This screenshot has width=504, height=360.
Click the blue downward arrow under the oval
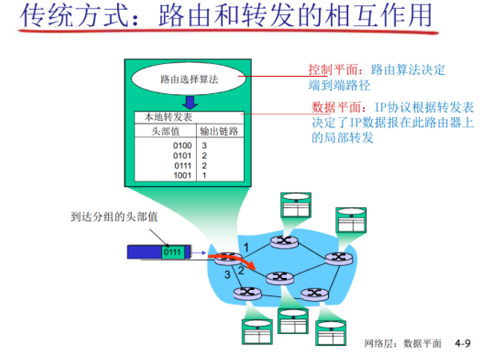pyautogui.click(x=190, y=102)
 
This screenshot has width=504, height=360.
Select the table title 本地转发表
pyautogui.click(x=163, y=117)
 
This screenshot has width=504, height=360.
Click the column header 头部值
pyautogui.click(x=163, y=130)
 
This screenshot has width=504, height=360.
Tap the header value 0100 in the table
pyautogui.click(x=183, y=145)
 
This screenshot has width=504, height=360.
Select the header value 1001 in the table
pyautogui.click(x=183, y=175)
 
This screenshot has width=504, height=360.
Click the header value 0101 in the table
pyautogui.click(x=183, y=155)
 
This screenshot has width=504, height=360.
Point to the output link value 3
pyautogui.click(x=204, y=145)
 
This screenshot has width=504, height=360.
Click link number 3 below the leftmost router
pyautogui.click(x=227, y=276)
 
